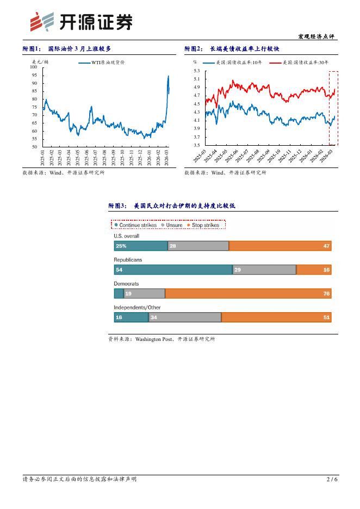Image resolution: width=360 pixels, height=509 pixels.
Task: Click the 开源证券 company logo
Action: tap(80, 22)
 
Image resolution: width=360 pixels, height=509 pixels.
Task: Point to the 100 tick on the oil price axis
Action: tap(34, 67)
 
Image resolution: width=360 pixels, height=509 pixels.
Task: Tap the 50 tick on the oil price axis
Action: tap(35, 147)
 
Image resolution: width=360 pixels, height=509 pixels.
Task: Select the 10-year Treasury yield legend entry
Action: tap(234, 63)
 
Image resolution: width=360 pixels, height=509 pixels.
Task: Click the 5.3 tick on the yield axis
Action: tap(196, 71)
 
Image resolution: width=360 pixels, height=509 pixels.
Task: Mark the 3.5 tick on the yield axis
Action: tap(196, 145)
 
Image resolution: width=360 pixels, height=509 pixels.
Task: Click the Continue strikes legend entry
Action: tap(135, 225)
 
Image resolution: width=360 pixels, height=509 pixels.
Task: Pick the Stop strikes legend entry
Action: tap(203, 225)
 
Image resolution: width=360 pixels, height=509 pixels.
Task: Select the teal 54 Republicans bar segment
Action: tap(173, 270)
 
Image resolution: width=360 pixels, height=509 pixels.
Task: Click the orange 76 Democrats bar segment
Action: tap(248, 294)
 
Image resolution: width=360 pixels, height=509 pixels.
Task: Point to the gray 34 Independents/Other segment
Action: tap(184, 318)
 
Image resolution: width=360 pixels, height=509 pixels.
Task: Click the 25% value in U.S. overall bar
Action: tap(121, 246)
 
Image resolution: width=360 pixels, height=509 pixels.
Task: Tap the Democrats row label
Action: tap(126, 284)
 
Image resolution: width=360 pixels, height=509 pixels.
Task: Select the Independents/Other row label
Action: tap(137, 308)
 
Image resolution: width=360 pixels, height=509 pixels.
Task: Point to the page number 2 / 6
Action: tap(332, 479)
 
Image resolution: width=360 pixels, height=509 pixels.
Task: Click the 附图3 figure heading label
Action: tap(117, 206)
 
